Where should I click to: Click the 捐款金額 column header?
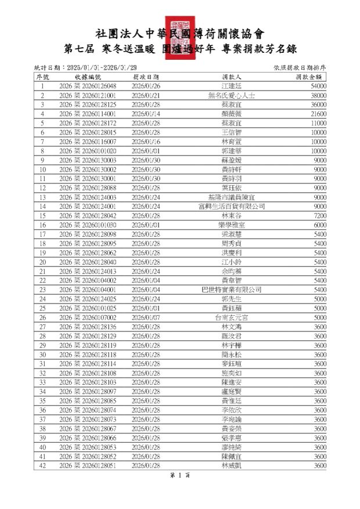click(308, 77)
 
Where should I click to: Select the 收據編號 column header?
click(88, 77)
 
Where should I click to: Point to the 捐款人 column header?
click(232, 77)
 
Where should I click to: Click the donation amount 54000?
click(318, 86)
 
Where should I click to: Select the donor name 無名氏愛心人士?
click(232, 95)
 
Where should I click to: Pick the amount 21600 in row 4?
click(318, 114)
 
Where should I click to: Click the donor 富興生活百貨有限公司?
click(232, 206)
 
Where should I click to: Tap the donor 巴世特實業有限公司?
click(232, 289)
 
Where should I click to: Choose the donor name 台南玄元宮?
click(232, 317)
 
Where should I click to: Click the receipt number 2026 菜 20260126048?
click(88, 86)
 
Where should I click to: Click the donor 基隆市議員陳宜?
click(232, 197)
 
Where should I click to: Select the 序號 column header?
click(42, 77)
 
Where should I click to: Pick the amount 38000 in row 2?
click(318, 95)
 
